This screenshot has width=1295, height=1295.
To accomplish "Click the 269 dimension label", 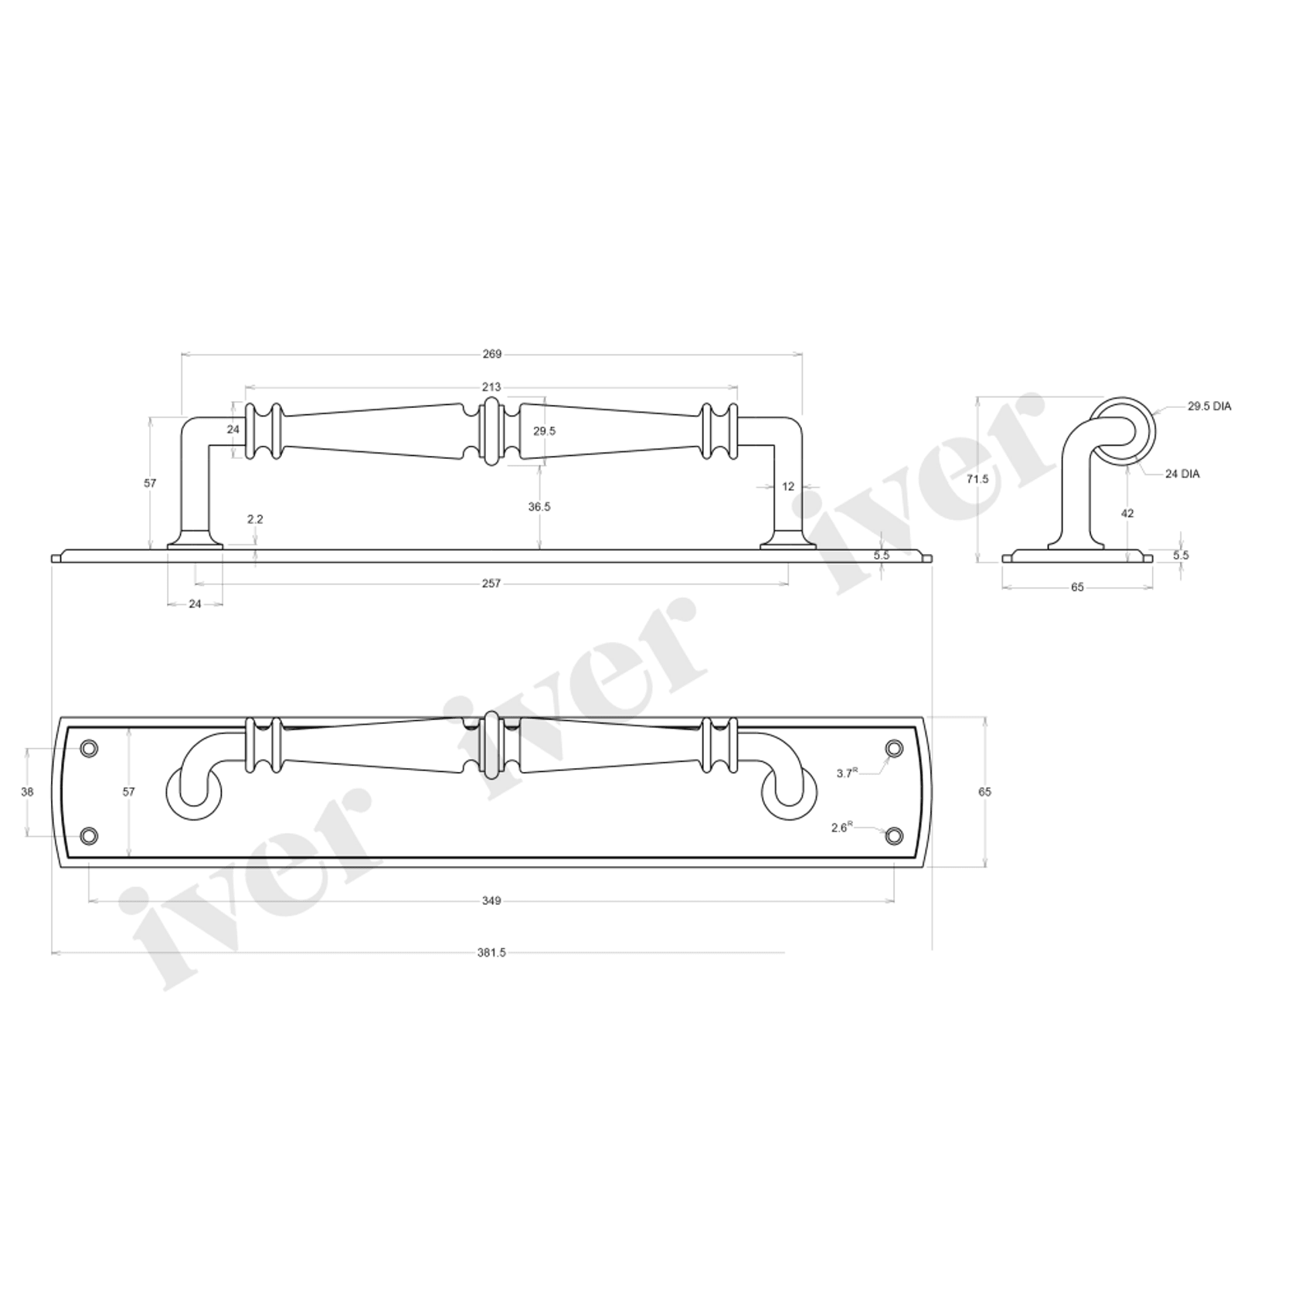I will [x=491, y=355].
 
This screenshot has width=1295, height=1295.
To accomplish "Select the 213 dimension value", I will [x=491, y=387].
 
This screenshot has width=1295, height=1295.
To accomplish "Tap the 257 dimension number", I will [x=491, y=583].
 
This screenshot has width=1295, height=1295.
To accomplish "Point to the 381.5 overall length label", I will [x=491, y=953].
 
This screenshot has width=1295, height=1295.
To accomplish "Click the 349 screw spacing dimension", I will [x=491, y=900].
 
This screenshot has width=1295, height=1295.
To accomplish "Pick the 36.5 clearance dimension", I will [x=539, y=507].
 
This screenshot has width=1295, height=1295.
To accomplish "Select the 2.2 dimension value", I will [x=255, y=519].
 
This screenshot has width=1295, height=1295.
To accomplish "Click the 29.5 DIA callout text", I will [x=1209, y=406].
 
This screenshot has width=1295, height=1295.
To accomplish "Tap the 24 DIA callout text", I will [x=1182, y=474].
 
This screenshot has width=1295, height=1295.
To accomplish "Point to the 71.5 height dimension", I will [x=977, y=479].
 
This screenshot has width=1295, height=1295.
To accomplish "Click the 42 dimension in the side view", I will [x=1127, y=513].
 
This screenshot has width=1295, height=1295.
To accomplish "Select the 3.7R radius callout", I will [x=847, y=773].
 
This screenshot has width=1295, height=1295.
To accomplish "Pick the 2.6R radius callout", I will [x=841, y=828].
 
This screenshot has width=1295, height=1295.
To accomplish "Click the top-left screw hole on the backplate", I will [x=90, y=748].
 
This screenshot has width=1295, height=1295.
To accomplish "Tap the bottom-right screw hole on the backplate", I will [x=894, y=835].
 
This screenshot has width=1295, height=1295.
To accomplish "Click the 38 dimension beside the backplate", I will [x=28, y=792].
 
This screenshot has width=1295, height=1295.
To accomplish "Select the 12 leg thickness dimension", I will [x=788, y=487].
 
